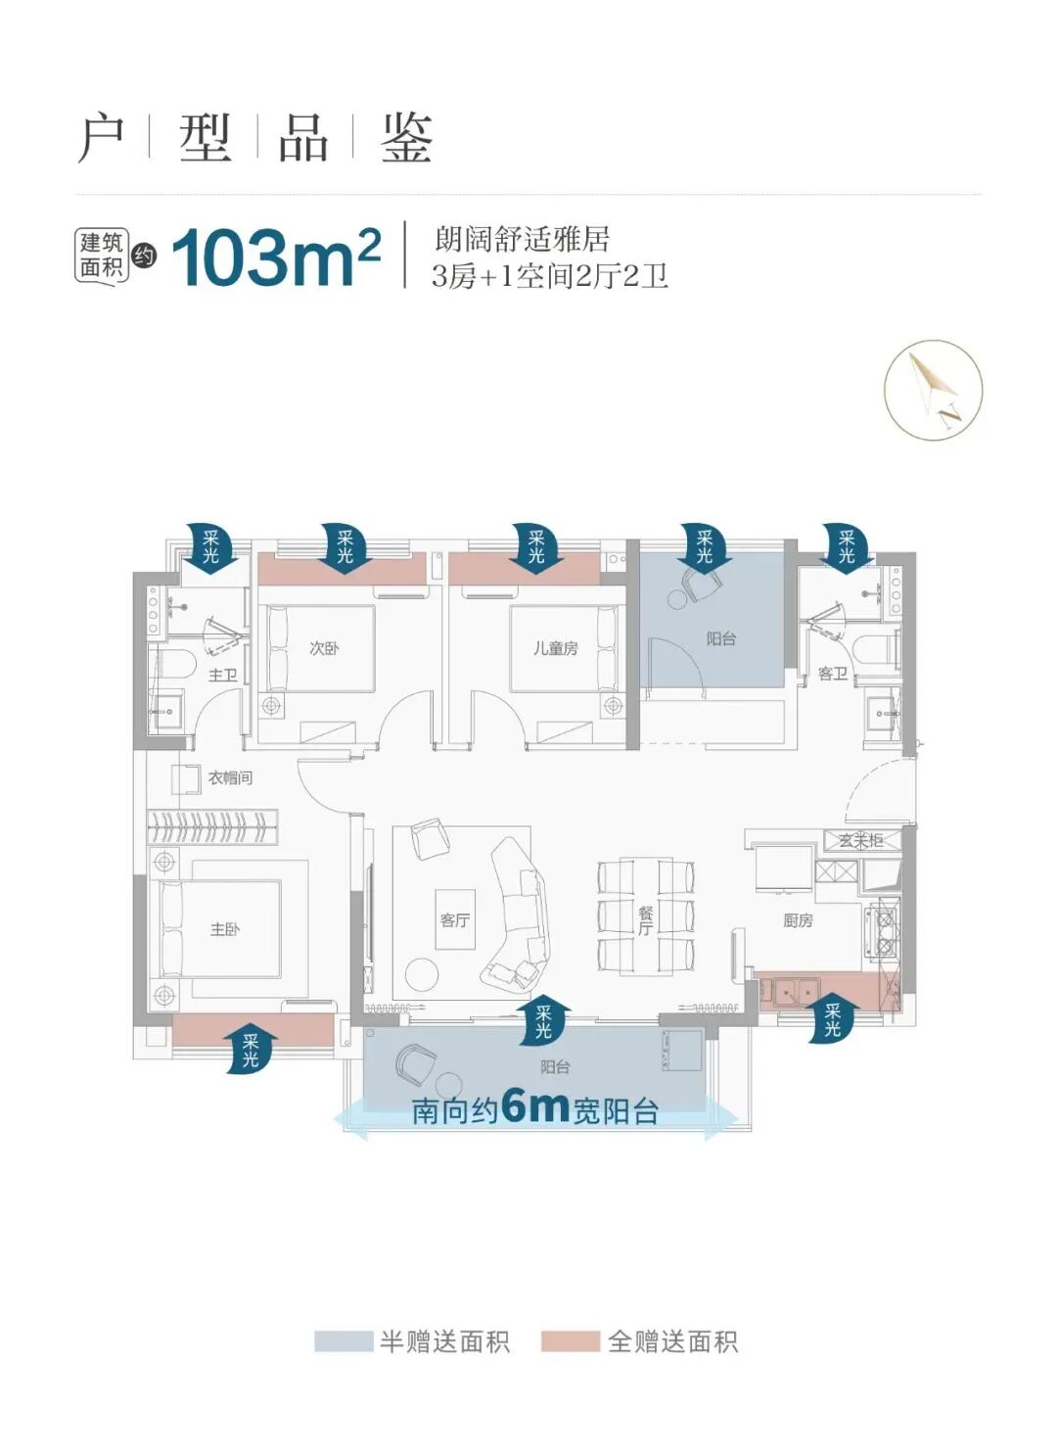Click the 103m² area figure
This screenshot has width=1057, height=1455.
coord(275,258)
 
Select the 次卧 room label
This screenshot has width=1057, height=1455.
coord(324,648)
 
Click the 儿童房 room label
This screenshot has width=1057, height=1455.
coord(555,648)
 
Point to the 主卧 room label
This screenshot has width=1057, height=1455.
coord(224,928)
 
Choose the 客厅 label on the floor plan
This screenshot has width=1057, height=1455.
coord(454,919)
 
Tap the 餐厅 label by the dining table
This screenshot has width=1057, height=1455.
coord(645,920)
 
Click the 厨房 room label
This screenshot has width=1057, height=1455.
coord(798,920)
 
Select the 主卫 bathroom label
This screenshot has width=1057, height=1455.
coord(223,675)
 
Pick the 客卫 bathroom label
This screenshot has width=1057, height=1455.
coord(832,674)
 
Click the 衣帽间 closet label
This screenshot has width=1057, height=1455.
coord(230,777)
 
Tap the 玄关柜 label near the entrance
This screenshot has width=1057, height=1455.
coord(860,841)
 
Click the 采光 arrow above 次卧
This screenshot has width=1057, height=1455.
coord(345,547)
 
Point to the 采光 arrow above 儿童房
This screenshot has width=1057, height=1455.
coord(537,547)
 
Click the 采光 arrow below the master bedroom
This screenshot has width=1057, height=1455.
coord(251,1050)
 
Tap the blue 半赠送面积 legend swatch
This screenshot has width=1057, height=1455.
coord(343,1340)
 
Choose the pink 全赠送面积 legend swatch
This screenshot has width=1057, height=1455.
coord(571,1340)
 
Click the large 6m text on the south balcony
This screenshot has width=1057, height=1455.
coord(534,1106)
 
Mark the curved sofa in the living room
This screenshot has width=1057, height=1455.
coord(517,911)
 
